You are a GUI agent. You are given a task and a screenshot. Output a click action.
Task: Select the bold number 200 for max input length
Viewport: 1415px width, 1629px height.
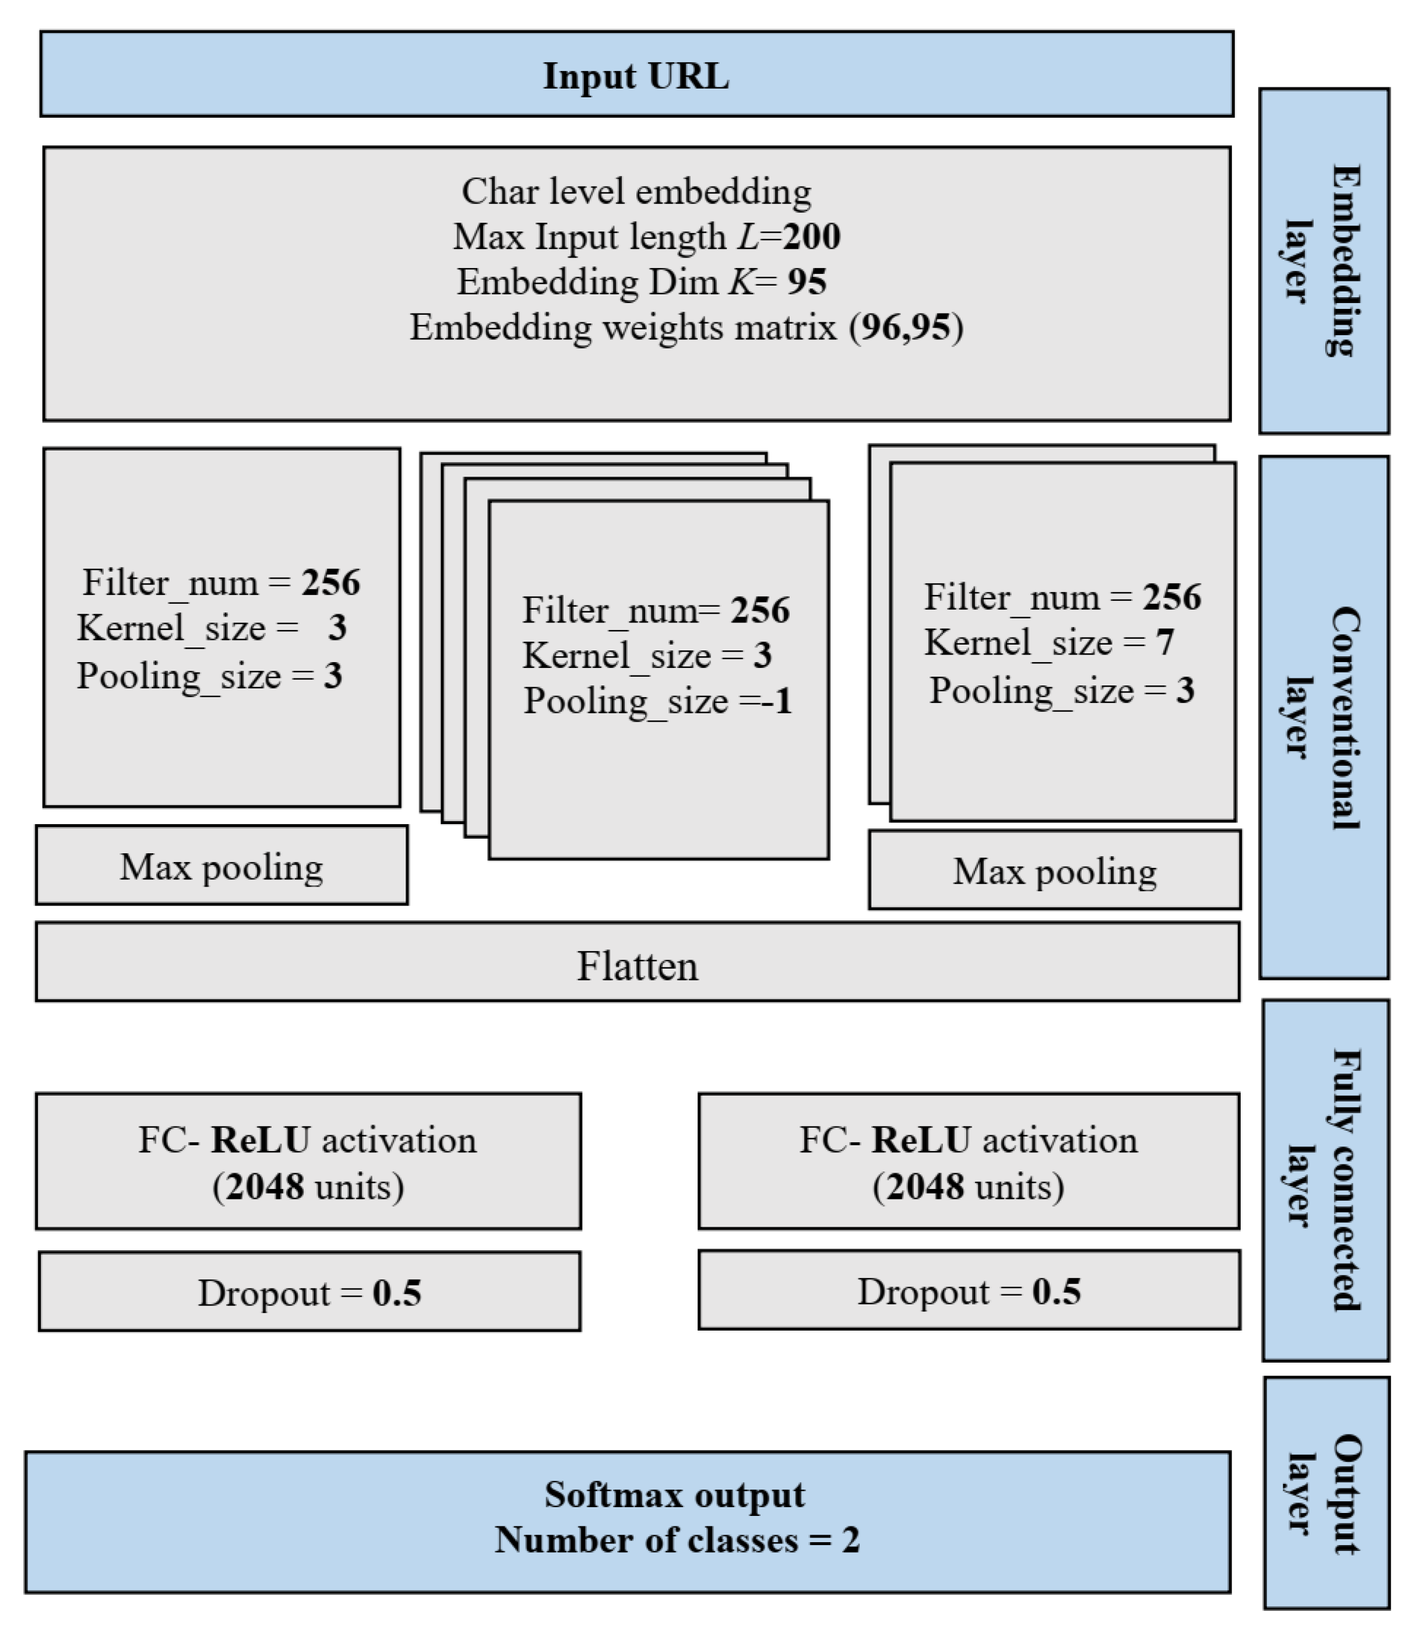(x=812, y=237)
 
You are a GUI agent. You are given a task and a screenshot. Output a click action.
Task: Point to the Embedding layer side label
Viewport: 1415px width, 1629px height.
(x=1324, y=261)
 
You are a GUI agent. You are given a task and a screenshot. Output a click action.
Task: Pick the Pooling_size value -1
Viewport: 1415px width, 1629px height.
(x=777, y=701)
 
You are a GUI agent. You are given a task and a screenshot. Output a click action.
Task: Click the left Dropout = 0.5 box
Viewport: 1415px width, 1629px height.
(x=309, y=1293)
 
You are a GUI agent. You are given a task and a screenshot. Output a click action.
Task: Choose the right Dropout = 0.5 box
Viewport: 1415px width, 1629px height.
(x=969, y=1292)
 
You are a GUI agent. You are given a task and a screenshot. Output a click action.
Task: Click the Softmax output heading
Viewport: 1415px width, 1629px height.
(x=674, y=1495)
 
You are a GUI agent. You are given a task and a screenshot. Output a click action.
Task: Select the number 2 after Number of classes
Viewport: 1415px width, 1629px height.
(x=850, y=1540)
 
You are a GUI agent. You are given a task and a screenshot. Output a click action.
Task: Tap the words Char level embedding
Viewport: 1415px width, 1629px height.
(x=636, y=192)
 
